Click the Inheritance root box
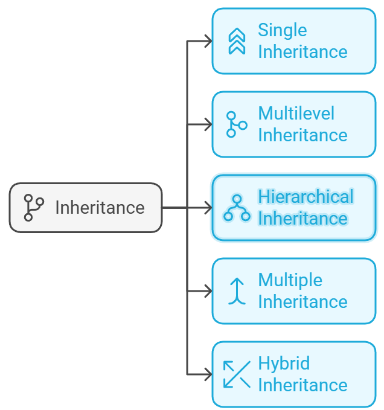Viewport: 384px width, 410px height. click(86, 208)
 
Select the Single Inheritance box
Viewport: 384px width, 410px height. click(293, 41)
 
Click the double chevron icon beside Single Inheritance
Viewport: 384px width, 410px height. click(237, 41)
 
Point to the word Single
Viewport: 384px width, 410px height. click(282, 30)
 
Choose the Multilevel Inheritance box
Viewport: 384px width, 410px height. click(293, 124)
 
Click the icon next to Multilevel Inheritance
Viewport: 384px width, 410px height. click(235, 124)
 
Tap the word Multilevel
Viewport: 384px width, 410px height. click(296, 114)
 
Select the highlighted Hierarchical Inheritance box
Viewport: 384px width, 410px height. click(293, 208)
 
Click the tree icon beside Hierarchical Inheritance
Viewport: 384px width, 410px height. click(237, 208)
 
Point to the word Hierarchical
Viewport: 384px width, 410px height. click(306, 197)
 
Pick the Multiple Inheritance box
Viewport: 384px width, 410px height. click(293, 291)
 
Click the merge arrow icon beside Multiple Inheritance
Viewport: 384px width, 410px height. click(237, 291)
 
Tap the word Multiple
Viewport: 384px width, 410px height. click(290, 280)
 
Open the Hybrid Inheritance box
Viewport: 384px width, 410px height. click(293, 374)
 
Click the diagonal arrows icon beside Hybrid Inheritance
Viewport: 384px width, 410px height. click(237, 374)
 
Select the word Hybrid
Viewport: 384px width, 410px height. click(284, 364)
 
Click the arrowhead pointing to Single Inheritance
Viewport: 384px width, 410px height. click(208, 41)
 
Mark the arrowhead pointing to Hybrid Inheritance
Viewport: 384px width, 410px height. click(208, 374)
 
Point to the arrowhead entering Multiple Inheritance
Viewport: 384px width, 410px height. click(208, 291)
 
